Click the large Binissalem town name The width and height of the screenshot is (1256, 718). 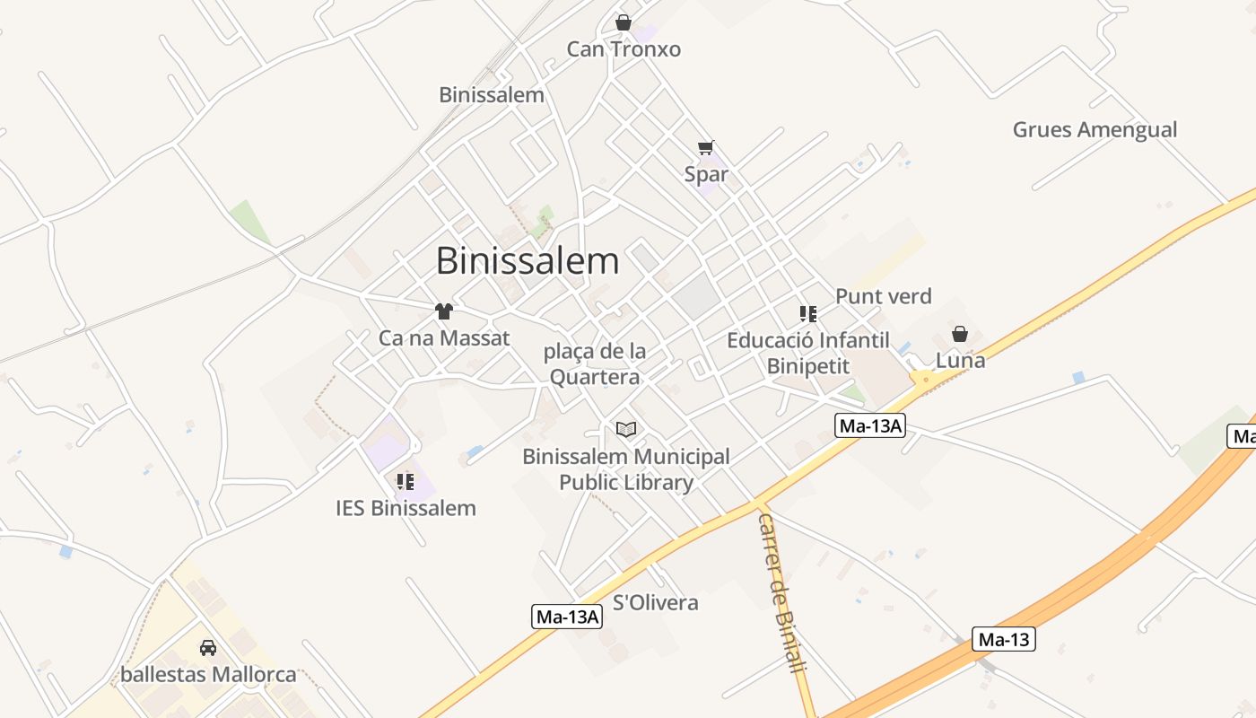coord(528,261)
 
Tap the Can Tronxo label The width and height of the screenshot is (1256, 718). coord(624,49)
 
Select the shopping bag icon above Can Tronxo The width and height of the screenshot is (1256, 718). coord(624,22)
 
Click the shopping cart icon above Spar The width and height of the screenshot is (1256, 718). coord(706,147)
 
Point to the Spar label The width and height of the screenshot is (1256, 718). coord(706,174)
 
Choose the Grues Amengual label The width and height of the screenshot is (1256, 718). coord(1095,129)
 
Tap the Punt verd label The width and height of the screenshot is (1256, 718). coord(883,296)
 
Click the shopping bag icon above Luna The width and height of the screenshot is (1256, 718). coord(960,334)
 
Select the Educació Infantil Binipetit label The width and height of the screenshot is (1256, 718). coord(807,353)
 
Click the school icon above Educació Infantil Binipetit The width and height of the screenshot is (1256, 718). coord(807,314)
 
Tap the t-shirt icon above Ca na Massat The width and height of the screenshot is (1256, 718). coord(444,311)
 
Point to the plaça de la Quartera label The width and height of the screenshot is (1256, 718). coord(595,363)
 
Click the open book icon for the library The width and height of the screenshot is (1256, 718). coord(626,430)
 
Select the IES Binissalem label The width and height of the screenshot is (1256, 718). coord(406,508)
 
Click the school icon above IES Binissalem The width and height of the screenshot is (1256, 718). coord(406,482)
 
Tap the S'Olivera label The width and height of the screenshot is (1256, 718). coord(655,602)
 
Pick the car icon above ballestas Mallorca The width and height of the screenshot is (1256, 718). coord(208,647)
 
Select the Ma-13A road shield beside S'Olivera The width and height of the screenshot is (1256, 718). coord(568,617)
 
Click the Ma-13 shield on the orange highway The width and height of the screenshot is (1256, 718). coord(1004,640)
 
